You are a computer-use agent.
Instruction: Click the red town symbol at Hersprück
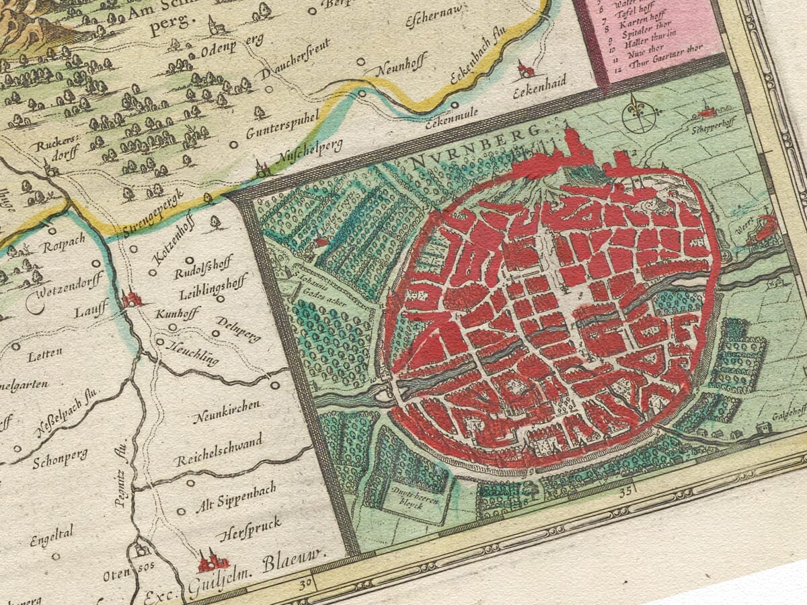(x=213, y=560)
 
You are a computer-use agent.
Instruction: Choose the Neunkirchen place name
(x=227, y=411)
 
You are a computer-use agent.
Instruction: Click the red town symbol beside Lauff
(x=132, y=298)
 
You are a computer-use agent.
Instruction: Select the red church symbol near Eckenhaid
(x=525, y=68)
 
